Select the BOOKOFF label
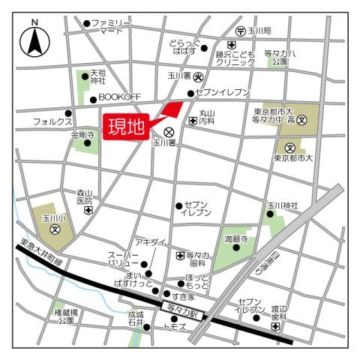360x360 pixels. click(120, 98)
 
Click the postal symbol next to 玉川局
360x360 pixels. click(241, 31)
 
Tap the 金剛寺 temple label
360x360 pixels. click(82, 135)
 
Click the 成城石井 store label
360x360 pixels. click(135, 320)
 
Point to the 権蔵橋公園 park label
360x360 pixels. click(67, 316)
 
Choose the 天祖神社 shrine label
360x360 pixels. click(97, 77)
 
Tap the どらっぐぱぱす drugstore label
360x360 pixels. click(184, 47)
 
